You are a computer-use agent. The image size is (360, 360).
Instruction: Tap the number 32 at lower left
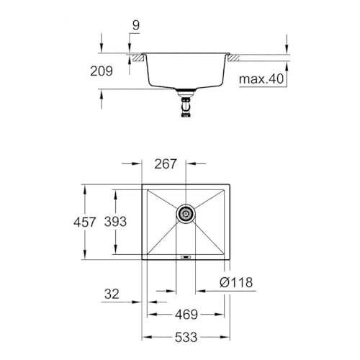pos(112,294)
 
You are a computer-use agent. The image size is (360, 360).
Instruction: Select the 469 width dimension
pos(185,315)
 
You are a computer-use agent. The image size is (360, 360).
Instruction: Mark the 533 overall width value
pos(185,336)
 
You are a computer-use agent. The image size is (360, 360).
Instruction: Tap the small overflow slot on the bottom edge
pos(186,256)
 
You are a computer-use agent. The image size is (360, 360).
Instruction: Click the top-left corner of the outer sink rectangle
pos(142,184)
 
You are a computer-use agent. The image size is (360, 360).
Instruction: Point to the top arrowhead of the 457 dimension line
pos(84,186)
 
